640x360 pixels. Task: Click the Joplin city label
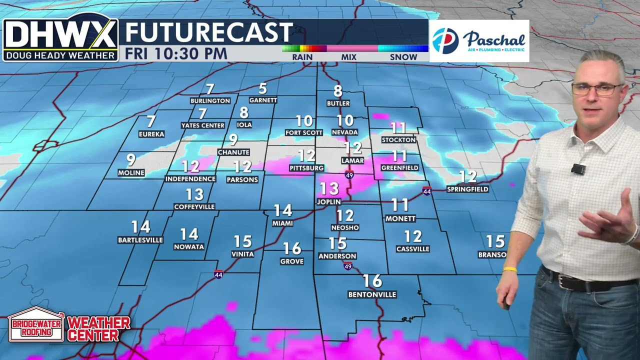(x=328, y=201)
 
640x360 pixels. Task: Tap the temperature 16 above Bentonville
(x=372, y=281)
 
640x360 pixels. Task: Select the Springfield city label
(x=467, y=189)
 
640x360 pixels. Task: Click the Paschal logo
(x=479, y=41)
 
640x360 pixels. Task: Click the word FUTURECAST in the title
(x=208, y=33)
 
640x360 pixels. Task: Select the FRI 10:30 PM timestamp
(x=176, y=53)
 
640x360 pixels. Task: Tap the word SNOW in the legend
(x=403, y=57)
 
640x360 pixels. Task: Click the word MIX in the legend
(x=348, y=57)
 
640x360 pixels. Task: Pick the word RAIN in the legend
(x=302, y=57)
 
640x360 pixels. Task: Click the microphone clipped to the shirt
(x=578, y=169)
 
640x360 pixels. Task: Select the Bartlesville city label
(x=140, y=240)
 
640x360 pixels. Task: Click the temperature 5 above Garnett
(x=262, y=89)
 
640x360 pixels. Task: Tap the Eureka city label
(x=151, y=134)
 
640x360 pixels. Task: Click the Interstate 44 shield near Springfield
(x=426, y=191)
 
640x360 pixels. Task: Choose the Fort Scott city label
(x=304, y=132)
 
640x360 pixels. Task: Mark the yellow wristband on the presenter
(x=509, y=269)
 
